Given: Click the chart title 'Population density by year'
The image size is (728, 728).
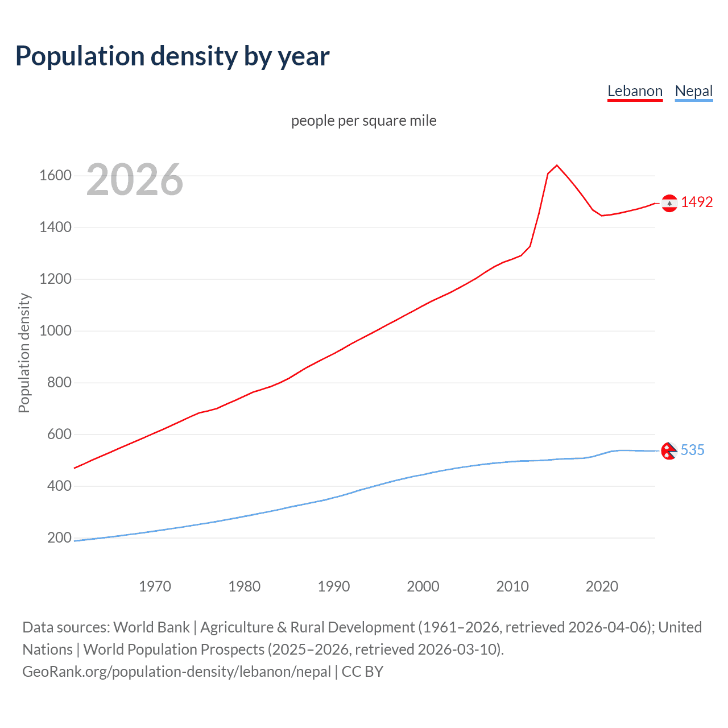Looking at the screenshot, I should click(x=172, y=56).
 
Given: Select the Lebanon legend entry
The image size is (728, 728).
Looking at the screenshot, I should click(x=635, y=91).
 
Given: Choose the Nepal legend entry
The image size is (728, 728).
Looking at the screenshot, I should click(x=693, y=91).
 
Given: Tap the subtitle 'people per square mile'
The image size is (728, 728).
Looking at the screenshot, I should click(x=363, y=121).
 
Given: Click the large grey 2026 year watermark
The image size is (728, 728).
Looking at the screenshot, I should click(x=135, y=180).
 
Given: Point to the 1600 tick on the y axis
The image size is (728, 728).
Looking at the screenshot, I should click(x=55, y=175).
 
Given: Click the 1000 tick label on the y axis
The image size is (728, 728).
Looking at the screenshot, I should click(x=55, y=330).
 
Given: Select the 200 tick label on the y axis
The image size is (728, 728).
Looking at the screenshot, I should click(x=59, y=537).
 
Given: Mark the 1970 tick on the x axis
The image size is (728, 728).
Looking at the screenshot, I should click(x=155, y=586).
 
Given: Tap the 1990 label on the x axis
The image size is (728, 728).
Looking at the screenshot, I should click(x=334, y=586).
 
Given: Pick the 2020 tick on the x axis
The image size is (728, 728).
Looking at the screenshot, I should click(x=602, y=586).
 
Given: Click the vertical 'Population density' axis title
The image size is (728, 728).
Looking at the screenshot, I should click(x=24, y=353).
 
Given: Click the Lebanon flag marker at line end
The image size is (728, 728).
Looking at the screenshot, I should click(x=669, y=203).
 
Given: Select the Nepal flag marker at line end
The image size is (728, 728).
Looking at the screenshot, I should click(x=669, y=451).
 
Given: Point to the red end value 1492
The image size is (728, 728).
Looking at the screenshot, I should click(x=697, y=202).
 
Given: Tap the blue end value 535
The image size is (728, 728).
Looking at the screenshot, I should click(x=692, y=450).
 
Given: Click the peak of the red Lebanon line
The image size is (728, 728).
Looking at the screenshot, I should click(x=557, y=166).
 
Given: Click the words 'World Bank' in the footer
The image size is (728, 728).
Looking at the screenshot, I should click(x=151, y=627).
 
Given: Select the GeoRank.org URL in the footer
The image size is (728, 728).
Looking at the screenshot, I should click(x=176, y=672).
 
